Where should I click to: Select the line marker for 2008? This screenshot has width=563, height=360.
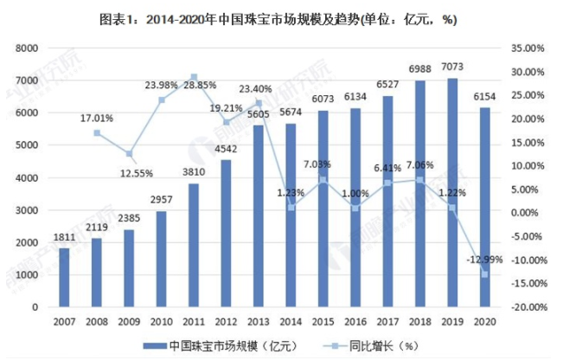(98, 132)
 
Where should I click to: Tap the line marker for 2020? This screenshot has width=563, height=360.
(485, 274)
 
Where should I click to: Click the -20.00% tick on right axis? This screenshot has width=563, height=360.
(526, 306)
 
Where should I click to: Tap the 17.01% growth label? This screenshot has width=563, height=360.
(97, 115)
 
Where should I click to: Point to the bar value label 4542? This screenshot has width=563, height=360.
(227, 149)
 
